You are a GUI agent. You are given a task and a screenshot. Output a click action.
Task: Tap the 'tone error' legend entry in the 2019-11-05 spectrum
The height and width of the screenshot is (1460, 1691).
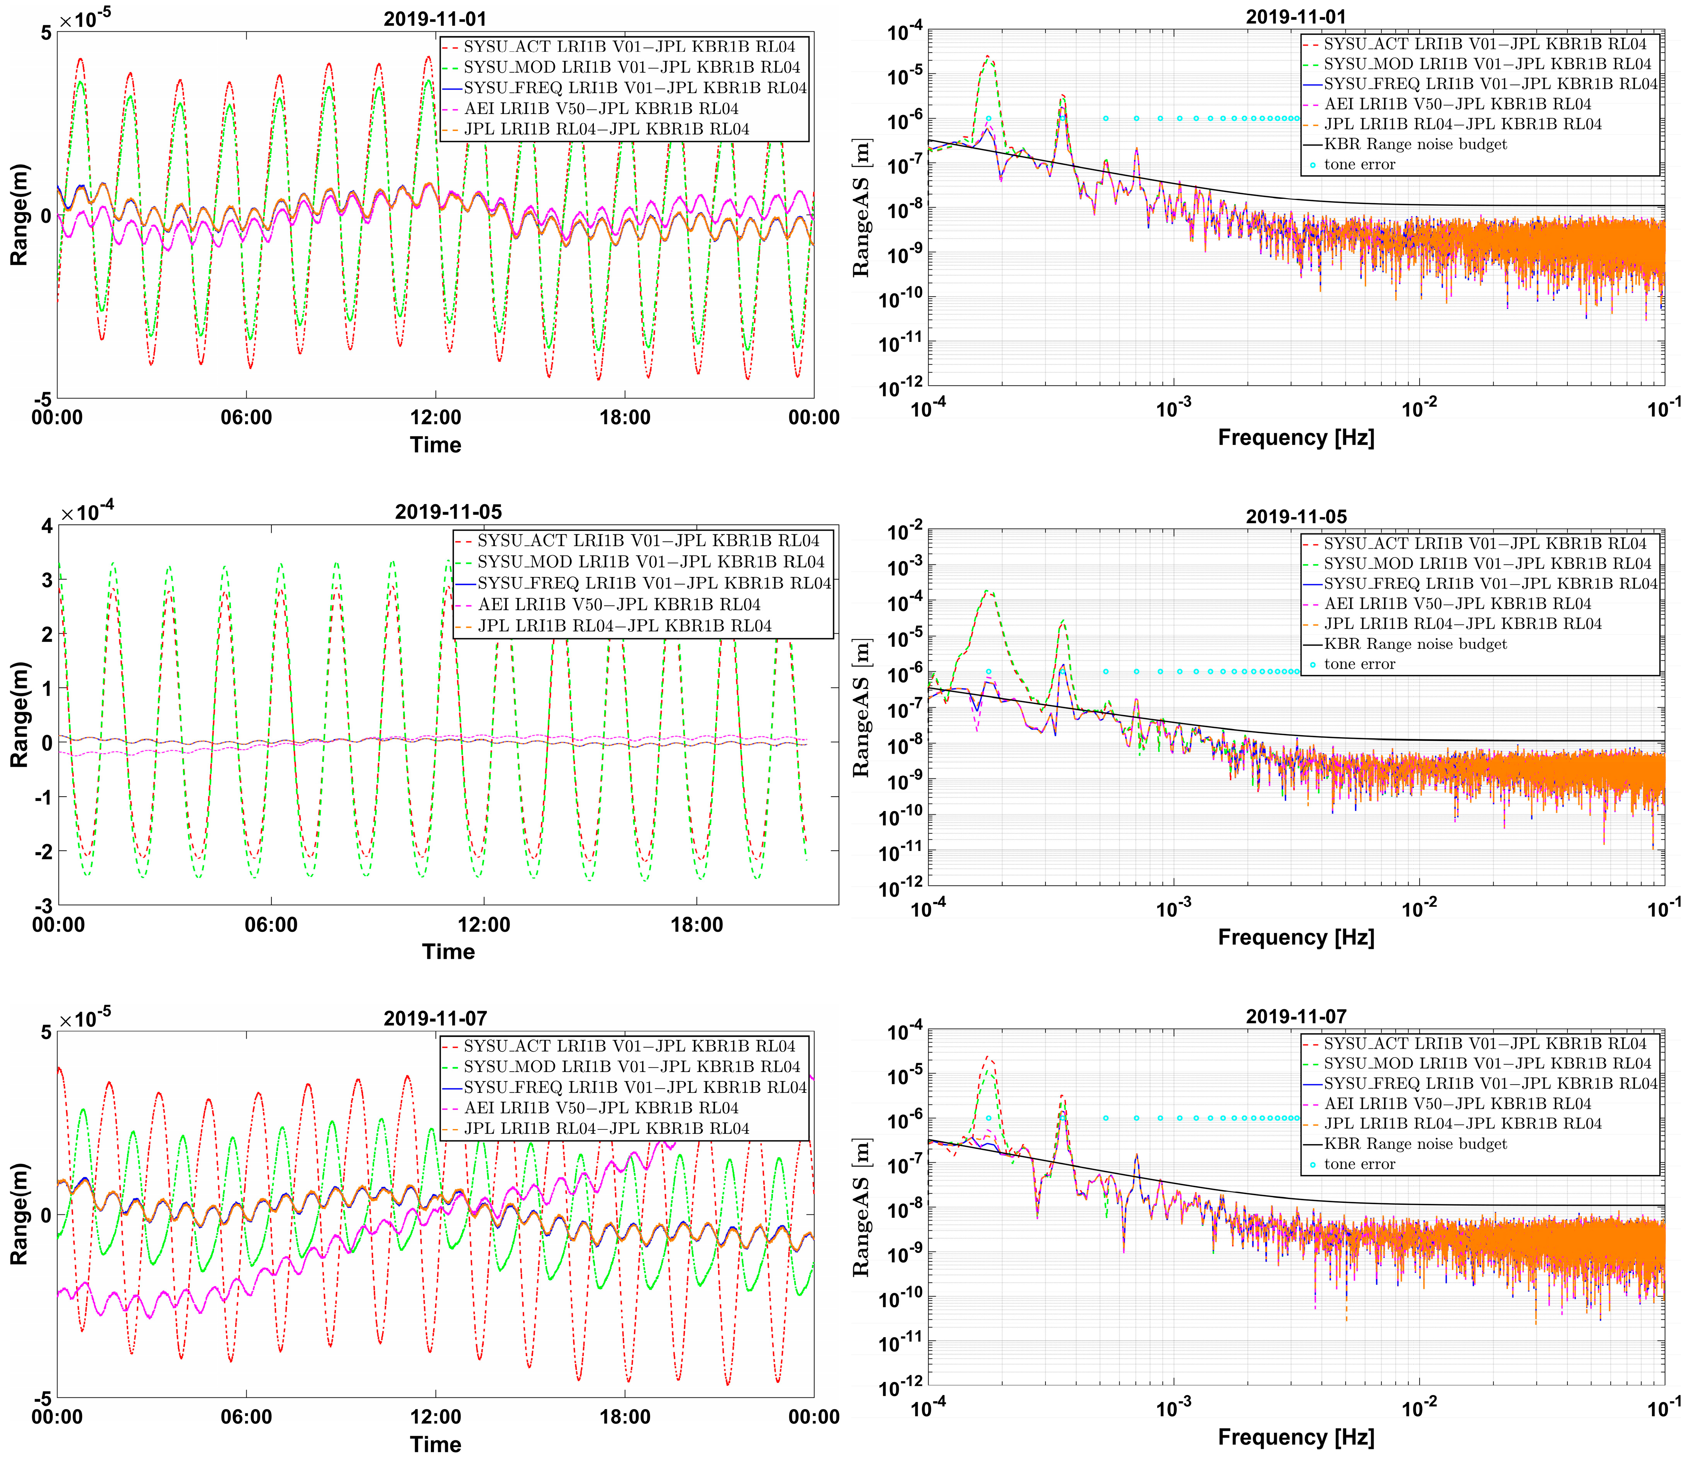(x=1359, y=664)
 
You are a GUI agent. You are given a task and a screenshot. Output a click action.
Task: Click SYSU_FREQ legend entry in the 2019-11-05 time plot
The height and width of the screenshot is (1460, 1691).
(x=653, y=583)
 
